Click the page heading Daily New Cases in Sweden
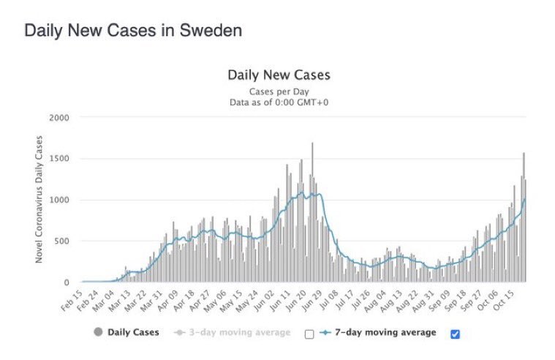point(133,31)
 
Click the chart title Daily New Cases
point(279,75)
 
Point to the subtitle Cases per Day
point(279,91)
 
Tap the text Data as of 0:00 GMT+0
point(279,102)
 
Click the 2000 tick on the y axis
point(59,117)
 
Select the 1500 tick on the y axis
point(59,159)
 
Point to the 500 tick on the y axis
point(61,241)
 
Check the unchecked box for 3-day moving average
point(309,334)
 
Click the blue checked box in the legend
point(456,334)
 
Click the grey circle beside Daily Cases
point(99,332)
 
